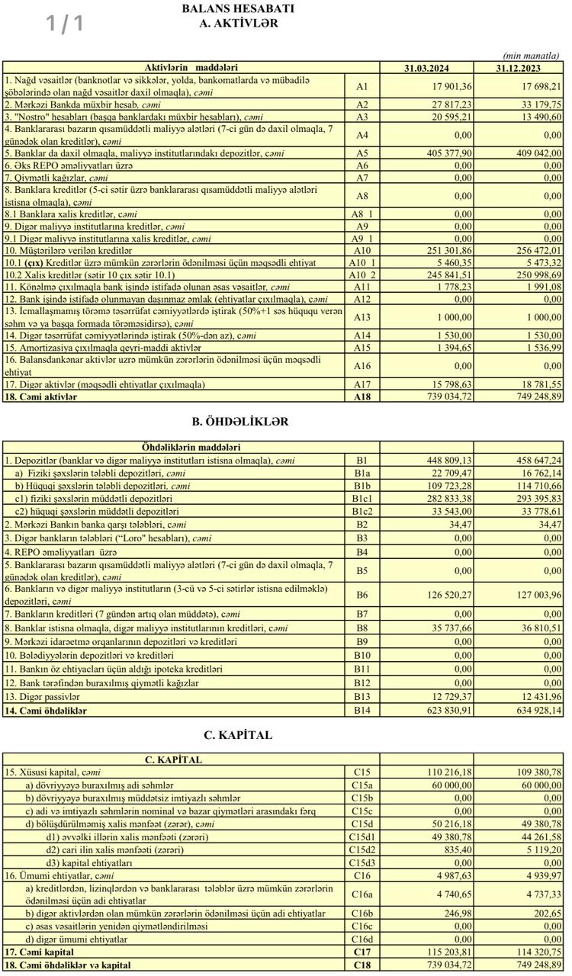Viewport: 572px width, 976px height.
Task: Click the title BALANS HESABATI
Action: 238,8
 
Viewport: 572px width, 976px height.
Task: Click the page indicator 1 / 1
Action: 65,24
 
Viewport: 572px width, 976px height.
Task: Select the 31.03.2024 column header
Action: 426,68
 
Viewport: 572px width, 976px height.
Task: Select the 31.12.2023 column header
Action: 519,68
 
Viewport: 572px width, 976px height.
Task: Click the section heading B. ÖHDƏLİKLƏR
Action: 239,422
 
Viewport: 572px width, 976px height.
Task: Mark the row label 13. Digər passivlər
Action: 42,697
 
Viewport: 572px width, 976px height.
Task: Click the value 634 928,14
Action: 534,710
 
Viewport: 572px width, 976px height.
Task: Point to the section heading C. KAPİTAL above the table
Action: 238,736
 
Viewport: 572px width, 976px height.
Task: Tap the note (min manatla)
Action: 532,56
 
